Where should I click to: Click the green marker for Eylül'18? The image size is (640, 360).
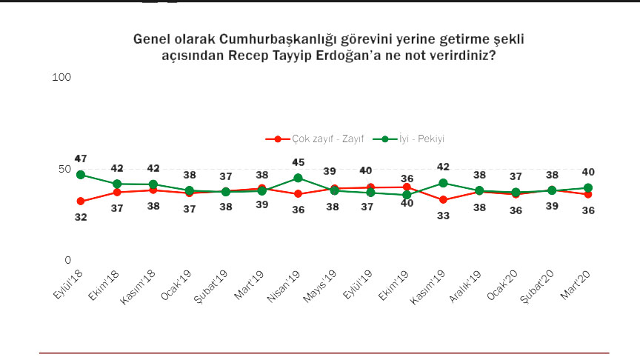[x=81, y=175]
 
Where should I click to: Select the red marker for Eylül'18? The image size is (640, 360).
[x=81, y=201]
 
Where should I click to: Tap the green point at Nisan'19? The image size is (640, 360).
[x=298, y=178]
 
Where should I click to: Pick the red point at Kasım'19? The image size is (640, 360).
[x=443, y=200]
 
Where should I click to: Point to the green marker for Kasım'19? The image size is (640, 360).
[x=443, y=183]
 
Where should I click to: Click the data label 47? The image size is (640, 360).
[x=81, y=159]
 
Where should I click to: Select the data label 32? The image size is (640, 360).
[x=81, y=217]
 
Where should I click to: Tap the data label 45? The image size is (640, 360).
[x=298, y=163]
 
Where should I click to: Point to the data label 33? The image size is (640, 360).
[x=443, y=216]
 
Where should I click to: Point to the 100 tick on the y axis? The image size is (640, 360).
[x=62, y=77]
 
